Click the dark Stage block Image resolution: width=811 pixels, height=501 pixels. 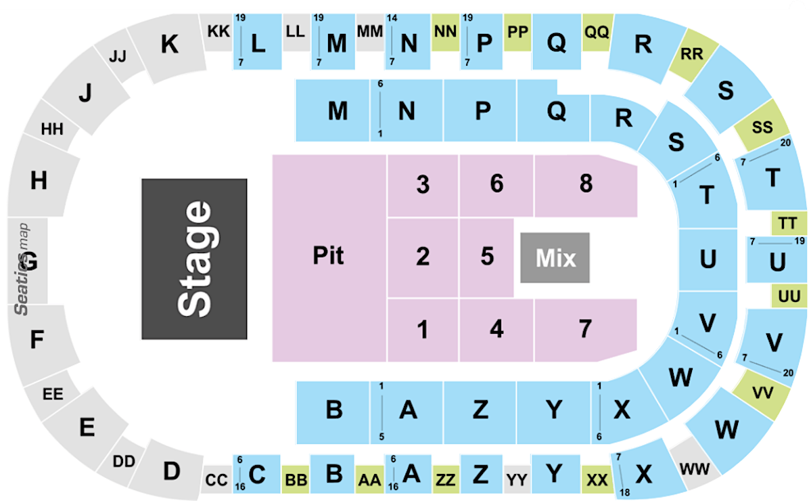point(194,259)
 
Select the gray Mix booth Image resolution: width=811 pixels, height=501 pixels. point(555,258)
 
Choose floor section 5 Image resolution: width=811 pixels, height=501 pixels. point(486,257)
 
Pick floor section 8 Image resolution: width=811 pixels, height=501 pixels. point(585,184)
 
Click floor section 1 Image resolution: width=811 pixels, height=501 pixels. point(423,330)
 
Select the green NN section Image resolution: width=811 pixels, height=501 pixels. point(444,32)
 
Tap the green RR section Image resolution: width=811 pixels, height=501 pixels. point(691,55)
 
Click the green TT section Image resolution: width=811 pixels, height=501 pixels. point(787,223)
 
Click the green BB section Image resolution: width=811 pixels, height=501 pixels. point(296,480)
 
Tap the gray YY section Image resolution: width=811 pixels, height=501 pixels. point(517,480)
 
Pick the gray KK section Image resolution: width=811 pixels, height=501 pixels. point(218,31)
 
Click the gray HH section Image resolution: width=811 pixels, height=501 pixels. point(52,128)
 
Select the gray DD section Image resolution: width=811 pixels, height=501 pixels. point(124,462)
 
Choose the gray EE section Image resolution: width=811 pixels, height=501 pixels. point(52,394)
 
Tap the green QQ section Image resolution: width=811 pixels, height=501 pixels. point(597,32)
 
